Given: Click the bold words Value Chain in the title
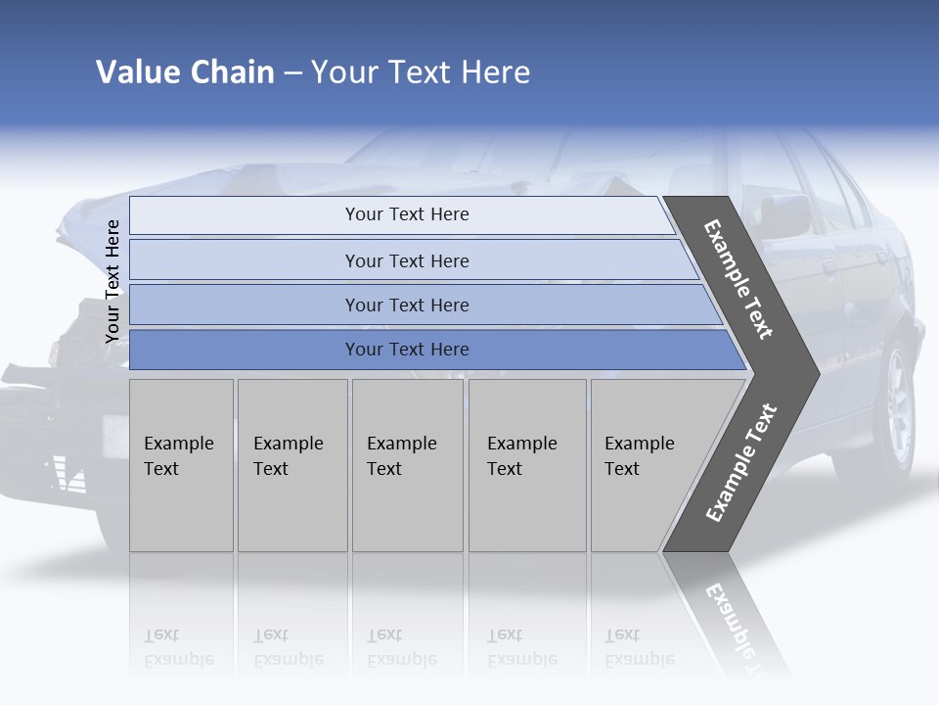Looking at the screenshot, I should (185, 72).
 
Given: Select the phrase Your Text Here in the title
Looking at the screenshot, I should (421, 72).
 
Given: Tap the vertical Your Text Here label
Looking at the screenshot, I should (112, 281).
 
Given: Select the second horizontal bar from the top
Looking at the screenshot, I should (406, 260).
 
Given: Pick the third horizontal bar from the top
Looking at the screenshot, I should (406, 305).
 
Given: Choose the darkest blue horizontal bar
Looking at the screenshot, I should (406, 350).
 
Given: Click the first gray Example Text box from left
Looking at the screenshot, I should (181, 465).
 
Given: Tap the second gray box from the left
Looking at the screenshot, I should (291, 465).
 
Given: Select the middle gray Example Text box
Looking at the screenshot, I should (407, 465).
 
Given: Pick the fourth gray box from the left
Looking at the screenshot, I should (527, 465).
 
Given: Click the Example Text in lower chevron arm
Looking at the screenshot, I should (740, 463).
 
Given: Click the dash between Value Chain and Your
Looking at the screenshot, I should (292, 72).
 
